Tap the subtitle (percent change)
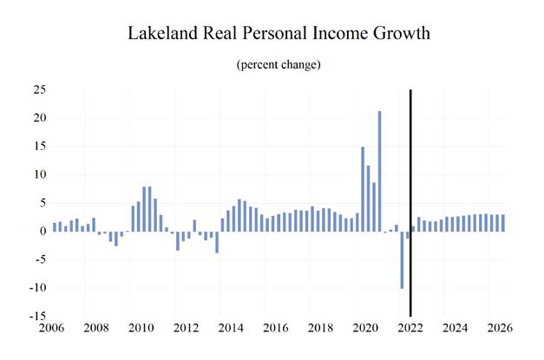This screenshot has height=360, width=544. [272, 65]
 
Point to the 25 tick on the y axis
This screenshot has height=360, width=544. [38, 89]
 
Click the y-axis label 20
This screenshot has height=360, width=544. [38, 118]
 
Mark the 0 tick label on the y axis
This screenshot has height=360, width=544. [42, 232]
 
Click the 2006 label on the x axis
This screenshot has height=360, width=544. [51, 330]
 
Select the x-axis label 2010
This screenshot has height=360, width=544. [141, 330]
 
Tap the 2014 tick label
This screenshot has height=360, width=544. [230, 330]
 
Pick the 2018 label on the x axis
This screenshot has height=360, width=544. [319, 330]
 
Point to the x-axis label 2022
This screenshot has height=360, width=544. [410, 330]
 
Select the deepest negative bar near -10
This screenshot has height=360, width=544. [402, 259]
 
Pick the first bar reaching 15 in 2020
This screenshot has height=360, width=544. [363, 189]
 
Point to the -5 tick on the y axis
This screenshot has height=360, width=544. [38, 259]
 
